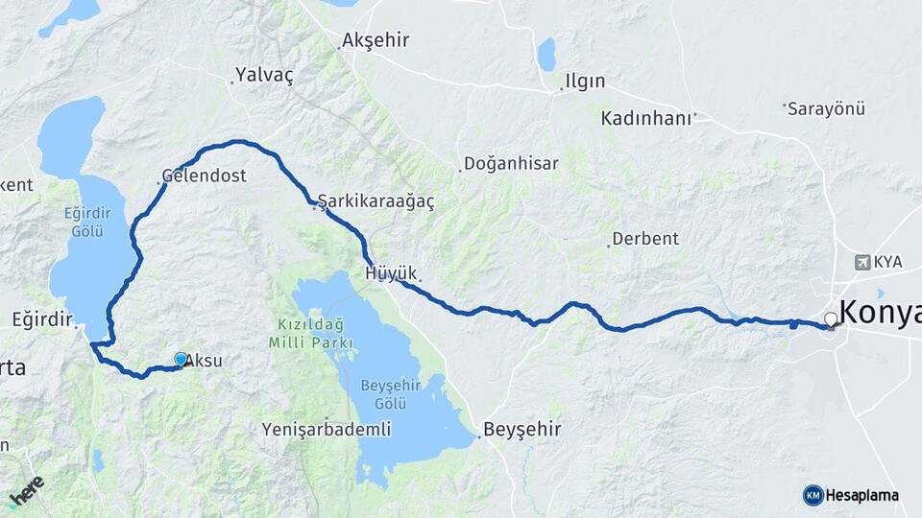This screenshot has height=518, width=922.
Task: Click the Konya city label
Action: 880,313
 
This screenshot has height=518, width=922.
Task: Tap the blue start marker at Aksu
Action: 181,359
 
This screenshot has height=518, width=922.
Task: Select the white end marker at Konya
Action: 831,319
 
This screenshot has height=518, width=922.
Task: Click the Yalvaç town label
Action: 264,74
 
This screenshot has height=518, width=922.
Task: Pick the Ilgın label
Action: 586,81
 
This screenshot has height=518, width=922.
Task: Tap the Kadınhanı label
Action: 646,119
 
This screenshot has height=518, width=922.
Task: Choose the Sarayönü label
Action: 827,108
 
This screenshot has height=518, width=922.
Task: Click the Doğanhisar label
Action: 511,163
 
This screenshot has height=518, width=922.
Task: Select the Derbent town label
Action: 645,238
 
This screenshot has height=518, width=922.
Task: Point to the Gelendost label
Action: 205,177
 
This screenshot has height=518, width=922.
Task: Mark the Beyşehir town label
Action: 522,429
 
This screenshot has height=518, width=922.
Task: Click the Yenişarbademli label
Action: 327,430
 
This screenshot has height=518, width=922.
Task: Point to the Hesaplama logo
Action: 851,495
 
